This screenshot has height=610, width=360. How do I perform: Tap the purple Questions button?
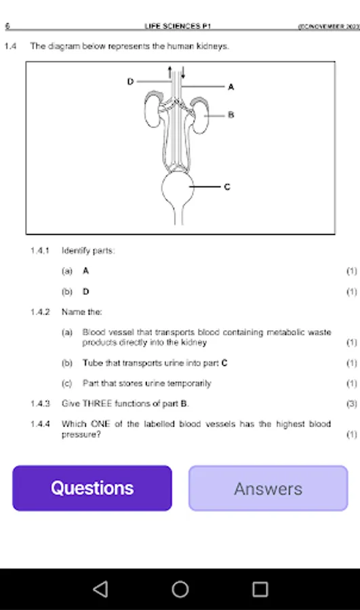[x=92, y=488]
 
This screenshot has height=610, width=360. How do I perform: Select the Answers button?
[x=268, y=488]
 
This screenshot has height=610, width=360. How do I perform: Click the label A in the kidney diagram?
[x=231, y=87]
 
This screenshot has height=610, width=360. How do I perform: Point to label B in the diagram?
[x=231, y=115]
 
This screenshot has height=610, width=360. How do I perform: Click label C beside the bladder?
[x=226, y=186]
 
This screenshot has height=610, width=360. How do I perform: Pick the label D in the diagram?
[x=130, y=81]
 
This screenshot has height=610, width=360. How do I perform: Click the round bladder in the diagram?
[x=180, y=188]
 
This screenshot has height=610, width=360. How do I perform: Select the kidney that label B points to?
[x=201, y=115]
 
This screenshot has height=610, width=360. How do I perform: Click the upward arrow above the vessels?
[x=170, y=71]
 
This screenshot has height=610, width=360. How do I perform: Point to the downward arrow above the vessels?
[x=182, y=71]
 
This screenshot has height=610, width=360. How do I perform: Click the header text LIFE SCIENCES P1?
[x=178, y=26]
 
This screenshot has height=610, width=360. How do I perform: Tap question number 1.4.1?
[x=40, y=251]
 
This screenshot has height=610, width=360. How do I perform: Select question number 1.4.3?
[x=40, y=403]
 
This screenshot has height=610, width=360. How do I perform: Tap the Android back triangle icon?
[x=100, y=589]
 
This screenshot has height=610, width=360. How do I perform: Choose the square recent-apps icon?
[x=260, y=589]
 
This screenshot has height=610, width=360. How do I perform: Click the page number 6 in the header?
[x=7, y=26]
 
